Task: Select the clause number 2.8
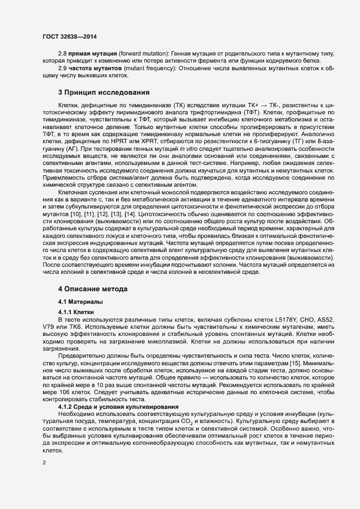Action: (x=63, y=54)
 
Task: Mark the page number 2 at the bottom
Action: (x=44, y=464)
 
